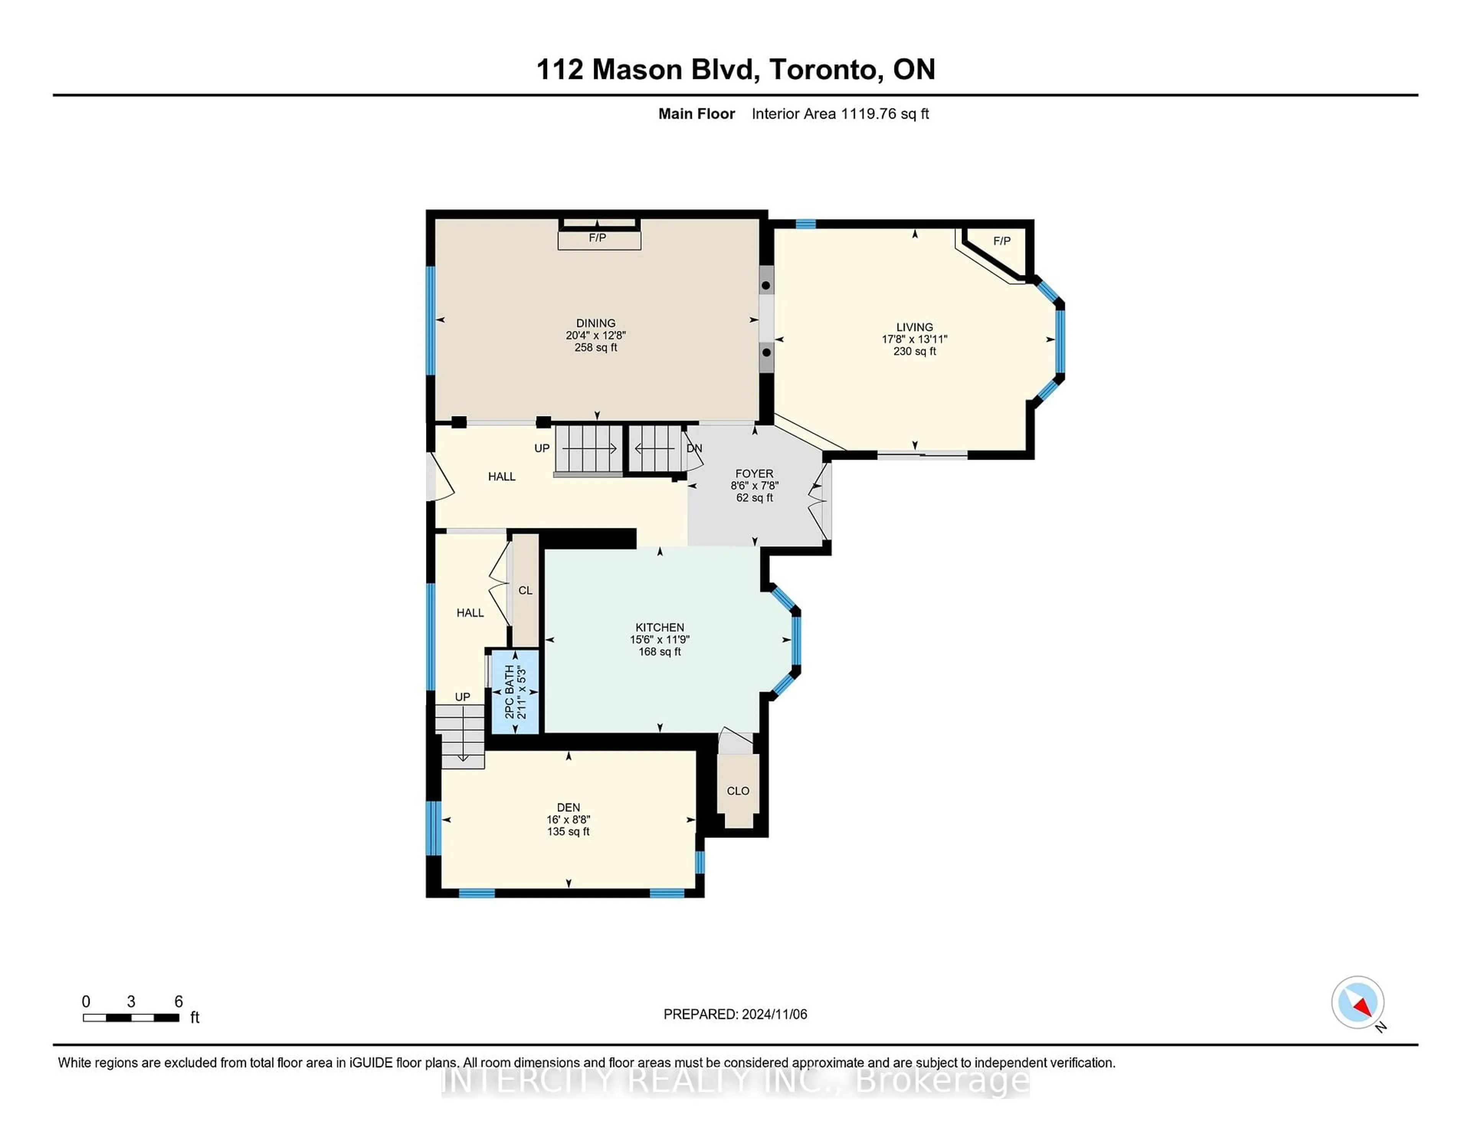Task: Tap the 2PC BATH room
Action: pos(515,692)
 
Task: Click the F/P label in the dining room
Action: pos(598,238)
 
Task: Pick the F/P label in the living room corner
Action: pos(1002,241)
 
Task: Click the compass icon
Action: pos(1357,1002)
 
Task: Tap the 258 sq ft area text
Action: pos(595,347)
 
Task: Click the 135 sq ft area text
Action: pos(568,832)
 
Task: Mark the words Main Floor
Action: pos(696,114)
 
